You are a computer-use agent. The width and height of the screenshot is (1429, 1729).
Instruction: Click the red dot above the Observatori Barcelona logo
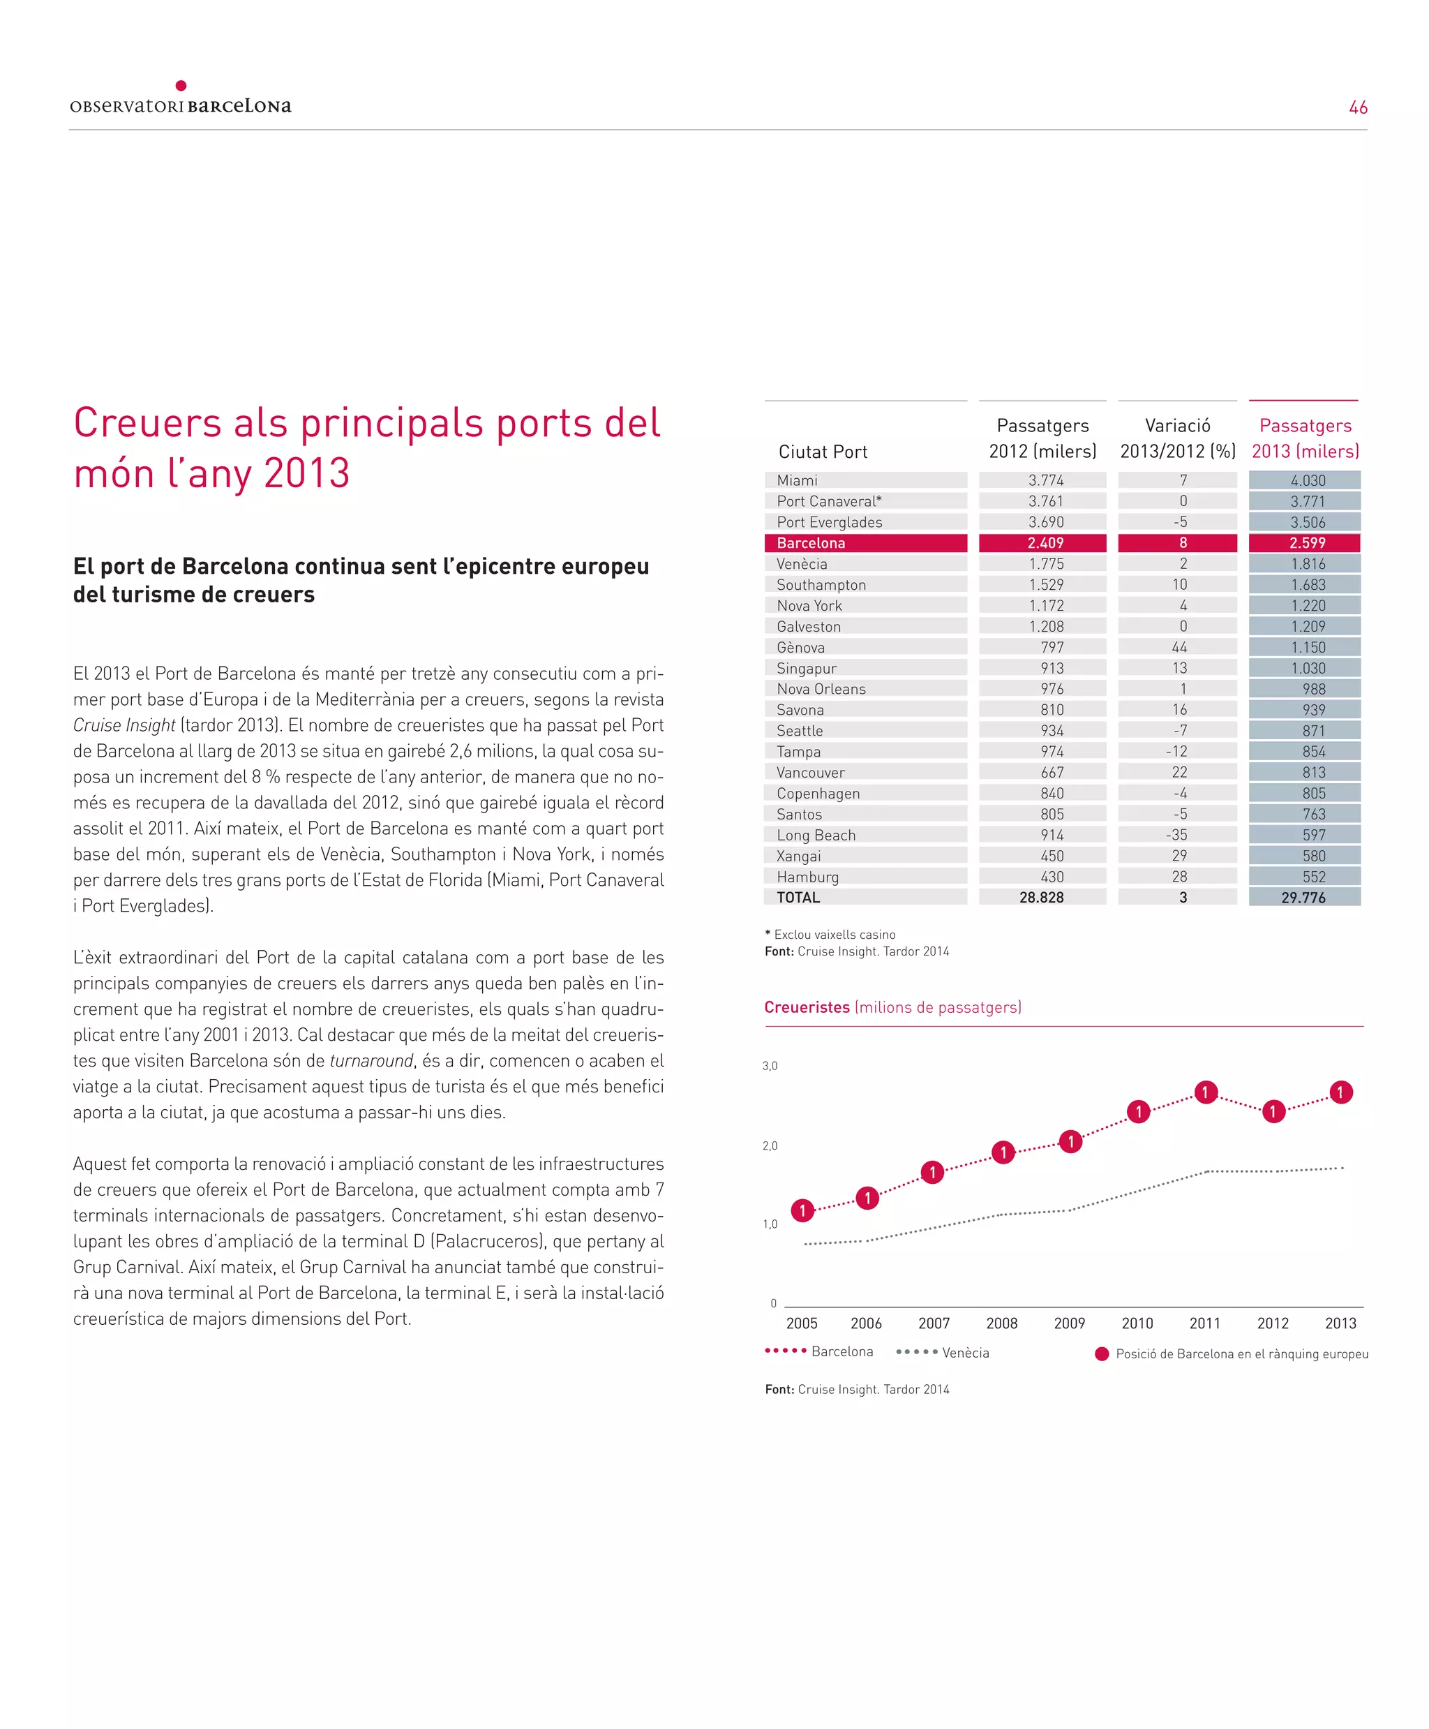coord(181,86)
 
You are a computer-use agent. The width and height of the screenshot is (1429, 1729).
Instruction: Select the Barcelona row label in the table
coord(811,543)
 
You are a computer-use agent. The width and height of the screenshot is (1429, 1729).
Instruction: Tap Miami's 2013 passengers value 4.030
coord(1307,481)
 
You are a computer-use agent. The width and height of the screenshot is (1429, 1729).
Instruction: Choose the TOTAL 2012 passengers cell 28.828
coord(1041,898)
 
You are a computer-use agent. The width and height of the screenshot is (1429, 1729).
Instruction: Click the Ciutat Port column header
coord(823,452)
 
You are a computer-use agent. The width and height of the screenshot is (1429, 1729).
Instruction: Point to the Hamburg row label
coord(807,877)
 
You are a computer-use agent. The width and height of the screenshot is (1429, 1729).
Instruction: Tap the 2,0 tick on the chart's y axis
coord(770,1146)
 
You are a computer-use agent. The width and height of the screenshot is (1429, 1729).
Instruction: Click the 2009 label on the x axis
coord(1069,1323)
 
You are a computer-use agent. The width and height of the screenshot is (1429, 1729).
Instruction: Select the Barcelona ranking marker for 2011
coord(1206,1092)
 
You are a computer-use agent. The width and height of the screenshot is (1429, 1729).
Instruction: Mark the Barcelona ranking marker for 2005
coord(802,1210)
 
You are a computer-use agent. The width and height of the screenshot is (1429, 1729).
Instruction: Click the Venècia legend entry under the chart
coord(965,1353)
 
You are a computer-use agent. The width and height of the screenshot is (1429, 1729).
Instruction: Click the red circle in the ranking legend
coord(1101,1354)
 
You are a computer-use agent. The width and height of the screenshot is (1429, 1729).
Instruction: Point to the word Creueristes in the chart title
coord(807,1007)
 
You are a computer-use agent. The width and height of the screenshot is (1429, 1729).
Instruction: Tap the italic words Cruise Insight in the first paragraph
coord(124,725)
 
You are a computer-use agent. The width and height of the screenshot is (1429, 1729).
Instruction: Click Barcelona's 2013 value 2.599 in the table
coord(1307,543)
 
